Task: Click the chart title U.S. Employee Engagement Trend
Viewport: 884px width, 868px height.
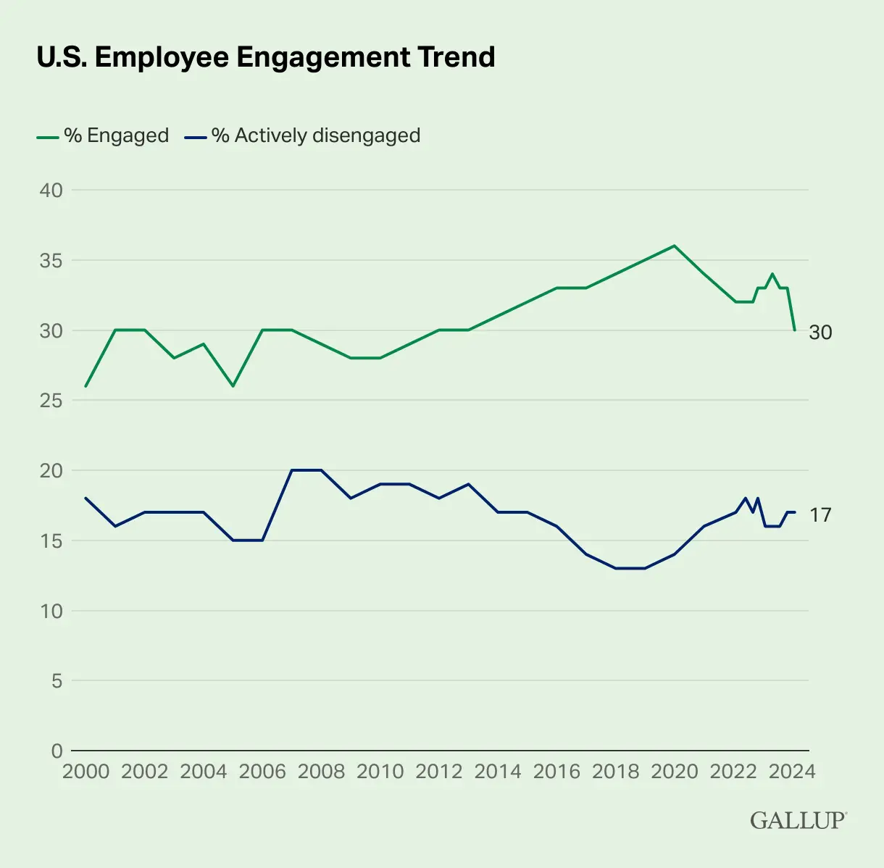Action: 265,57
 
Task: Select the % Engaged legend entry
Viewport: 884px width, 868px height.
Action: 103,135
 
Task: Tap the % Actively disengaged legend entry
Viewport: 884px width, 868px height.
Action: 303,135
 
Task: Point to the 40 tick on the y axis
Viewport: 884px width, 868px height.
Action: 51,191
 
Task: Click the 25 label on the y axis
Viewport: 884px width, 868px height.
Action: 51,401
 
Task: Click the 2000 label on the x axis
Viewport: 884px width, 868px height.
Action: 86,771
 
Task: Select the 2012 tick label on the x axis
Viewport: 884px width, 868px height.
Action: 439,771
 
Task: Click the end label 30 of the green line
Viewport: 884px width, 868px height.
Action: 820,333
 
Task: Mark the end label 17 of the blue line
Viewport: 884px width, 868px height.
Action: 820,515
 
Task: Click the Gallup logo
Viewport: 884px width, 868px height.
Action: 798,820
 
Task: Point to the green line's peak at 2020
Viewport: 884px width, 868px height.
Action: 675,246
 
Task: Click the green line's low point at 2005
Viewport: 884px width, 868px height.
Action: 233,386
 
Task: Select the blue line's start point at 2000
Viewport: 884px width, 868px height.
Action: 86,498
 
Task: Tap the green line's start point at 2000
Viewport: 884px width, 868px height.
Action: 86,386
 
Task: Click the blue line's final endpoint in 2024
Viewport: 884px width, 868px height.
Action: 795,512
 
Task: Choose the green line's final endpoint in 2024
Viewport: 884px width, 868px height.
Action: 795,330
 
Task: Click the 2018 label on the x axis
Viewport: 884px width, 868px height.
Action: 615,771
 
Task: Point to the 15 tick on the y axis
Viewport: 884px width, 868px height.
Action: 51,541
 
